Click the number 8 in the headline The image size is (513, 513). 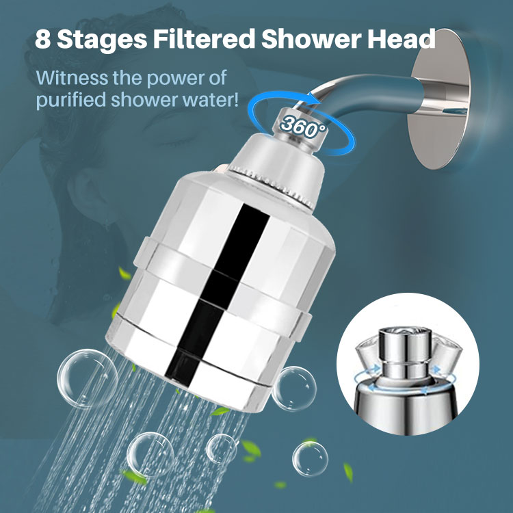coord(43,39)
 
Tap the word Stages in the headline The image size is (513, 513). coord(102,40)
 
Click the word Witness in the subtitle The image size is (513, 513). coord(72,78)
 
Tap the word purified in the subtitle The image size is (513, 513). coord(70,101)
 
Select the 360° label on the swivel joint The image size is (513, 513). coord(303,127)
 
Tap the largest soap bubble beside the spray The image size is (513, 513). coord(88,378)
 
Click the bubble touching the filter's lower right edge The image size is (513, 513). coord(294,389)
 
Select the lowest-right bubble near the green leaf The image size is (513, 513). coord(310,459)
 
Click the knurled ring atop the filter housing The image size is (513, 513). coord(272,187)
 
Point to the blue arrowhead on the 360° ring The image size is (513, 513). coord(315,98)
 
